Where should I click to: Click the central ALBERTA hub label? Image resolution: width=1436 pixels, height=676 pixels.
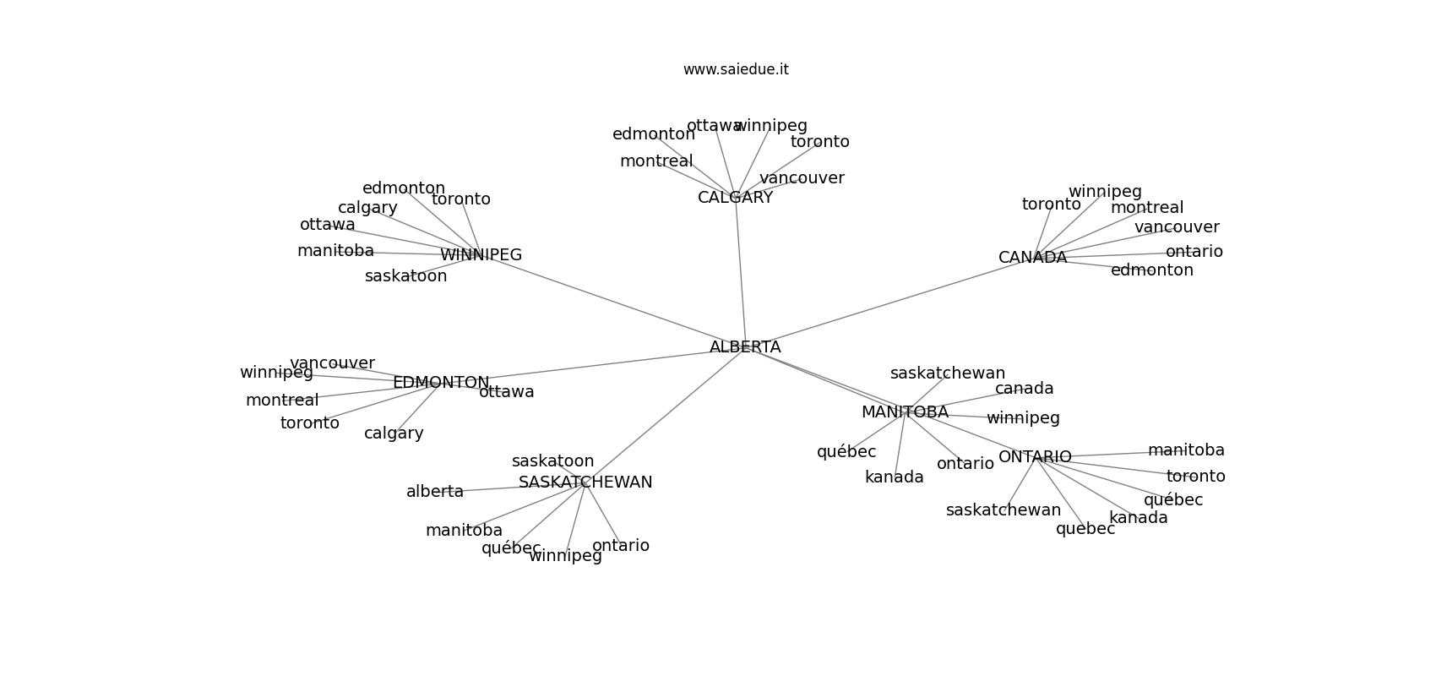(744, 347)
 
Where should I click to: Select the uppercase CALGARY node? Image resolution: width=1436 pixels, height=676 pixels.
(735, 198)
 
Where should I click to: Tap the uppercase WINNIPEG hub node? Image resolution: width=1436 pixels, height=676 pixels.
(481, 255)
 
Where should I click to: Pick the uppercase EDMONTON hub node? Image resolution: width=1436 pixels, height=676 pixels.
(440, 383)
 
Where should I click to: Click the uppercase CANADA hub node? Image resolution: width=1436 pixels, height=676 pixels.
(1032, 258)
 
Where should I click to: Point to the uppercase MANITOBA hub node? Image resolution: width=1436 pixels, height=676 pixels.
(904, 412)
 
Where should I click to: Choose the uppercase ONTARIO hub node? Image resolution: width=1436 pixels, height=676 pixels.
(1034, 457)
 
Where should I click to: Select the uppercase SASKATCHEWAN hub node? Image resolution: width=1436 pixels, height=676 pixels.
(585, 482)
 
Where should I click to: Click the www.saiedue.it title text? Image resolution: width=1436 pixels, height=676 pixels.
(736, 70)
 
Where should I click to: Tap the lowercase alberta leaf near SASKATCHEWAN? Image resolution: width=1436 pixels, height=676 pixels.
(434, 492)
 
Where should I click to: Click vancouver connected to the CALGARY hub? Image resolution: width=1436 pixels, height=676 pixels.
(801, 178)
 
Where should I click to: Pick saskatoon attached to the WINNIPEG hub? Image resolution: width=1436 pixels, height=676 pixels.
(405, 276)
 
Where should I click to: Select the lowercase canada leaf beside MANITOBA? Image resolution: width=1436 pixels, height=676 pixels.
(1024, 389)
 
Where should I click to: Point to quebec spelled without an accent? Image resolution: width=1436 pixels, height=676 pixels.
(1085, 529)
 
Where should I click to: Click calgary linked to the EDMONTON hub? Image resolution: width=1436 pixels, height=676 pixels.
(394, 433)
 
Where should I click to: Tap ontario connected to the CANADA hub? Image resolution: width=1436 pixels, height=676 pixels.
(1194, 252)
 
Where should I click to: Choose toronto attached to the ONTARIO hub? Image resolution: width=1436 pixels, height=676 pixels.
(1195, 477)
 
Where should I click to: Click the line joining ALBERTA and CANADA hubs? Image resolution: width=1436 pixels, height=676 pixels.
(887, 303)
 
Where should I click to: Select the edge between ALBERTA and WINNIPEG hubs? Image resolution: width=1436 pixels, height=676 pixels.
(612, 301)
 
